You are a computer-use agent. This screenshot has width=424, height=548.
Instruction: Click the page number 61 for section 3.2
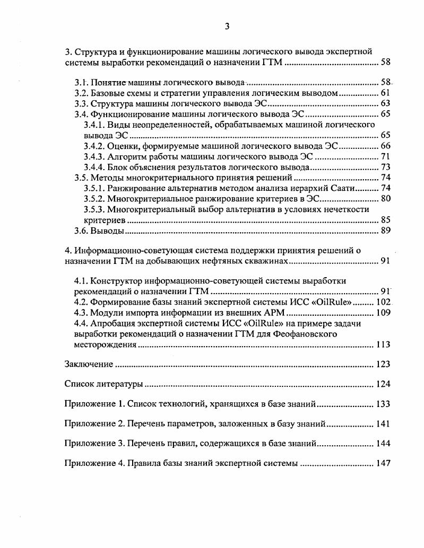[385, 93]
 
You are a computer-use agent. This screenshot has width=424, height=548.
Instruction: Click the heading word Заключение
[89, 364]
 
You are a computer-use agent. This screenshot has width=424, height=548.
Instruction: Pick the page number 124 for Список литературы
[383, 384]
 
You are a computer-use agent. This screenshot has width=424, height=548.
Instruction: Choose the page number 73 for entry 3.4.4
[385, 167]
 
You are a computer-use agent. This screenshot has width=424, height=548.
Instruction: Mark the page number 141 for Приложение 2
[383, 423]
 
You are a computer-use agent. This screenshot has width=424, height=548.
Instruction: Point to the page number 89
[385, 231]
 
